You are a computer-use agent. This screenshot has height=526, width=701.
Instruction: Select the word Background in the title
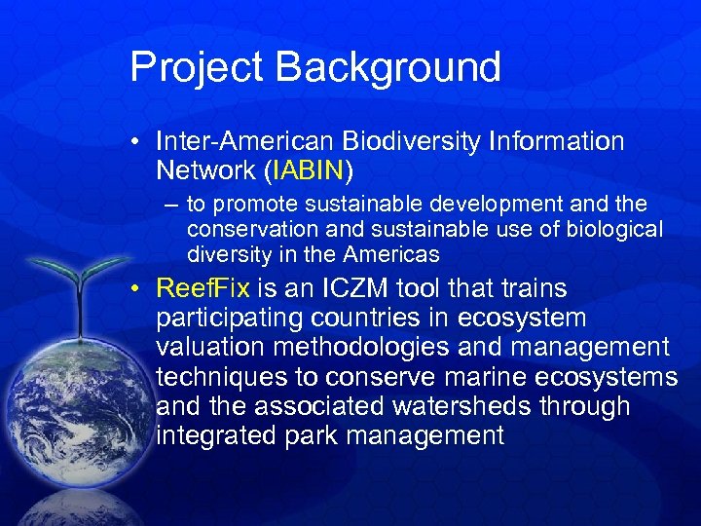point(388,67)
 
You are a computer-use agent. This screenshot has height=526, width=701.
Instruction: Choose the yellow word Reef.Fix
point(203,289)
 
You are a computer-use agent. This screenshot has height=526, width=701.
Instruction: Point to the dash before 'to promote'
point(172,206)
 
